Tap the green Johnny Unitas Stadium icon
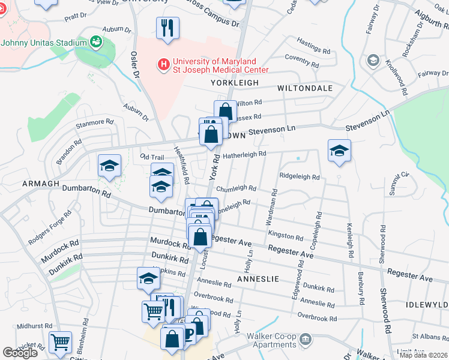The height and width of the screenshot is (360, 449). [x=95, y=41]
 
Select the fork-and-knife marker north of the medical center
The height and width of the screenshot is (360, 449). [x=167, y=28]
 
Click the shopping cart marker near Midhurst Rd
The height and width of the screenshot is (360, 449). [x=60, y=343]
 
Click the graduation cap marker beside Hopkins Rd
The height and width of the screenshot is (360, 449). [x=148, y=278]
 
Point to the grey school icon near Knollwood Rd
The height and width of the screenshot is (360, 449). [x=373, y=60]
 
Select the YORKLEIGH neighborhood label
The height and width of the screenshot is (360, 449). [x=235, y=83]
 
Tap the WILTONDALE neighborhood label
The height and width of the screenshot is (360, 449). [x=305, y=88]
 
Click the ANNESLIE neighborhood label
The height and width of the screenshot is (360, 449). [x=259, y=279]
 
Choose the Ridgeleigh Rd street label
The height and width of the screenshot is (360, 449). [x=300, y=177]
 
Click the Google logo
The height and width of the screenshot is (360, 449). [x=20, y=353]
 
